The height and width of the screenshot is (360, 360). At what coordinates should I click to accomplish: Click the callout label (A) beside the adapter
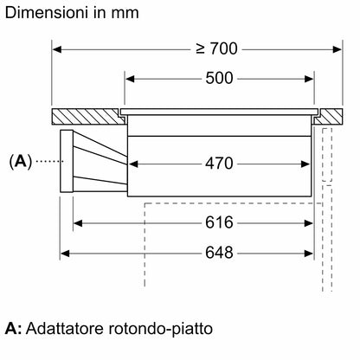coord(20,160)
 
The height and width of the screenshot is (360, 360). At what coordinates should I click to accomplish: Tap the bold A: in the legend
coord(13,330)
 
